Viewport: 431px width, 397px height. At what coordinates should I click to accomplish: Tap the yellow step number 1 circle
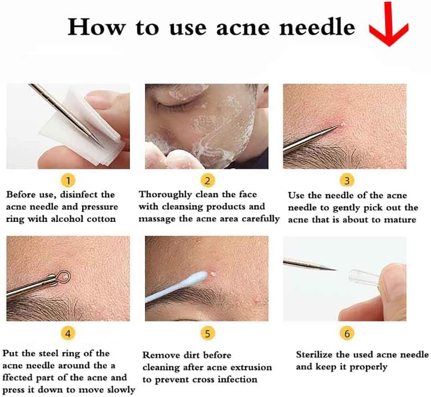[x=68, y=181]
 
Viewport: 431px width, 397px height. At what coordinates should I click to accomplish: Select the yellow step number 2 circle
[x=207, y=181]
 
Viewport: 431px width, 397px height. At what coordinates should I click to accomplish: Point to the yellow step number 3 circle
[x=347, y=181]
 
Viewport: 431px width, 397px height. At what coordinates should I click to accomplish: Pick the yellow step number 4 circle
[x=68, y=334]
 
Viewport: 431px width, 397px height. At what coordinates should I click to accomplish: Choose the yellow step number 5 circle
[x=207, y=334]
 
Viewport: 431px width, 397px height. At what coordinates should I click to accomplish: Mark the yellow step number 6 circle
[x=347, y=334]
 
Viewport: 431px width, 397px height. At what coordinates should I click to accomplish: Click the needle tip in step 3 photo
[x=338, y=127]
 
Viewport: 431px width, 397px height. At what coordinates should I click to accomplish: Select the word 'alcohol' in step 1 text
[x=72, y=219]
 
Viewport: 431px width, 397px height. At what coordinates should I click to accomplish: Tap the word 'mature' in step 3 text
[x=400, y=220]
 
